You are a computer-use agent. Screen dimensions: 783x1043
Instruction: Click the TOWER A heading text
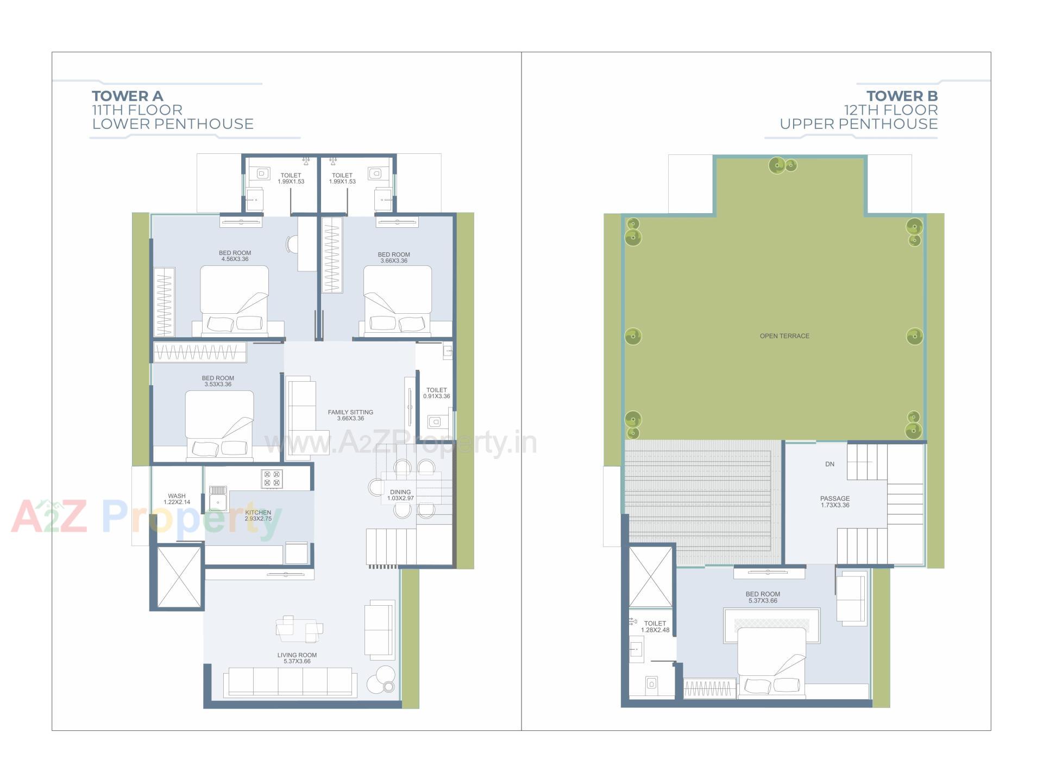point(127,96)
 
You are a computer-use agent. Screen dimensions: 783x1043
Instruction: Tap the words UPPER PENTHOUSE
point(858,124)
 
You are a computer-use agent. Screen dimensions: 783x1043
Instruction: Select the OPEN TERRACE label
point(784,336)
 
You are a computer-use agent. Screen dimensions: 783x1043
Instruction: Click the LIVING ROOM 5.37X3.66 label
point(297,658)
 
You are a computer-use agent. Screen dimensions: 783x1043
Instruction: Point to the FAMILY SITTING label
point(350,415)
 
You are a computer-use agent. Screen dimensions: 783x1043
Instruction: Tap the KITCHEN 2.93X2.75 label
point(258,515)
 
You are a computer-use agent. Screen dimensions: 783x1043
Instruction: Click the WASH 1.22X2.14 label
point(177,499)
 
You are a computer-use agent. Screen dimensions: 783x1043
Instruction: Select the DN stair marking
point(830,464)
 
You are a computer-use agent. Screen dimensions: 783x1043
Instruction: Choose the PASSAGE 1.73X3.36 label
point(835,501)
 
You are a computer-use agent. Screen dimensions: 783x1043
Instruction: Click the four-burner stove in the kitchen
point(272,479)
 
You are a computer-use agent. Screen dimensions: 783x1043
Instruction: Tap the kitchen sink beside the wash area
point(218,498)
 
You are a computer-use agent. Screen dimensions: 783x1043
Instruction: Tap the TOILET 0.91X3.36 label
point(436,393)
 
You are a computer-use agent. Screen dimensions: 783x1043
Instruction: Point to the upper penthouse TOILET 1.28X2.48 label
point(655,627)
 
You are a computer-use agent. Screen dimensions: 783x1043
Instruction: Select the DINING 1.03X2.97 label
point(400,495)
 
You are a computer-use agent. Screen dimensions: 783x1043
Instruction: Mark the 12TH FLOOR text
point(890,110)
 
